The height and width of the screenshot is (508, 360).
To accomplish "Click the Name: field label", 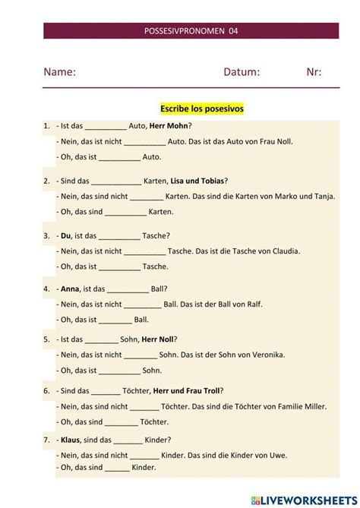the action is pyautogui.click(x=59, y=72).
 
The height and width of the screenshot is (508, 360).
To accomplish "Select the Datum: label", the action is pyautogui.click(x=242, y=72).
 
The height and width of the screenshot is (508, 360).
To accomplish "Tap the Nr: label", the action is pyautogui.click(x=314, y=72).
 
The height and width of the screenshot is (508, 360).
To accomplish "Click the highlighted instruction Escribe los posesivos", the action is pyautogui.click(x=202, y=109).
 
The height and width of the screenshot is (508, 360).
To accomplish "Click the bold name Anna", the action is pyautogui.click(x=69, y=289).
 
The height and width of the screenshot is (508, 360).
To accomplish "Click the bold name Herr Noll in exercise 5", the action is pyautogui.click(x=157, y=339).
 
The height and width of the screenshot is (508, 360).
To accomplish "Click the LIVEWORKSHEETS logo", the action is pyautogui.click(x=302, y=499).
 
